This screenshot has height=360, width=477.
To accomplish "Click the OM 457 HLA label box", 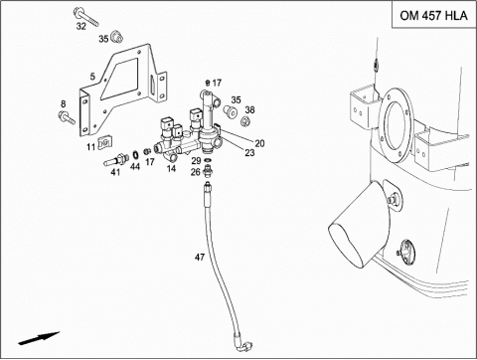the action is (434, 15).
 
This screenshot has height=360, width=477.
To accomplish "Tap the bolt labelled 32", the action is (85, 16).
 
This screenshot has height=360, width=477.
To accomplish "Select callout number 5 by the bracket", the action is (92, 77).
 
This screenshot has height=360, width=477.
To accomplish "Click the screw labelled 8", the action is (67, 117).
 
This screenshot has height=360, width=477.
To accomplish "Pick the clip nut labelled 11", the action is (104, 141).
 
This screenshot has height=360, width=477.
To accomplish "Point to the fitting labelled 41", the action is (116, 159).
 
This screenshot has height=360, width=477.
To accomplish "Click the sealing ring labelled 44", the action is (135, 155).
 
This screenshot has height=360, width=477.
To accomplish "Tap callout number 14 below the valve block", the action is (171, 168).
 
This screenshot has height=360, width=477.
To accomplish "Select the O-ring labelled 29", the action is (208, 161).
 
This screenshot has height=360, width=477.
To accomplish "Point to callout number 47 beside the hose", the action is (200, 257).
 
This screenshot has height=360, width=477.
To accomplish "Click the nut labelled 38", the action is (245, 121).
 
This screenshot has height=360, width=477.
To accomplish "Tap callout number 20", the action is (259, 143).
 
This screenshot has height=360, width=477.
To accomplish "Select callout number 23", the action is (249, 152).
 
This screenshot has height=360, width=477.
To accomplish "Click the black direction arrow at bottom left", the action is (39, 338).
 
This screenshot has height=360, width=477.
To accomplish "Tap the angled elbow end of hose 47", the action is (244, 344).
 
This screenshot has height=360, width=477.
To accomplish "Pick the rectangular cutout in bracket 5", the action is (120, 79).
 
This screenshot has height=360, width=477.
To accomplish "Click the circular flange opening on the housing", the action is (396, 125).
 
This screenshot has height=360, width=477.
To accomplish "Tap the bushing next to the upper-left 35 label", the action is (116, 37).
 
